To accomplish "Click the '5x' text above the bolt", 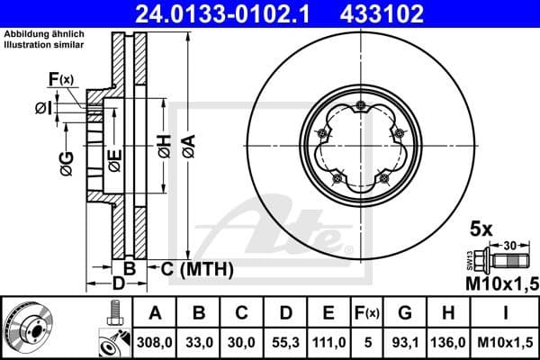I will [x=481, y=228].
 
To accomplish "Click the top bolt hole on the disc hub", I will [x=360, y=108].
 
